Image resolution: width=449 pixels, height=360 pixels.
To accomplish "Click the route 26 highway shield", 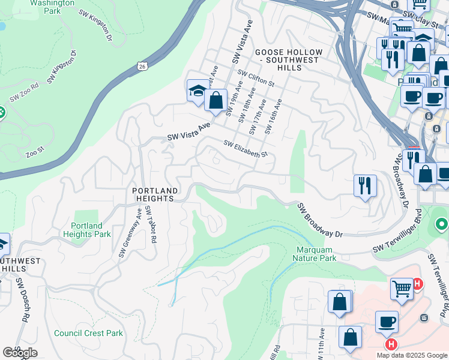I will (142, 64).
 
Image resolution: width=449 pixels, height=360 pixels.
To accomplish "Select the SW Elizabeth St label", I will (245, 149).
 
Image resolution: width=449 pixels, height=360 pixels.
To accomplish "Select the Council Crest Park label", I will (88, 333).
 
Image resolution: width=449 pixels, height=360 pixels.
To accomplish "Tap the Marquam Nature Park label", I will (315, 254).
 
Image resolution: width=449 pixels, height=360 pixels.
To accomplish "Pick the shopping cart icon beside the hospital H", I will (402, 289).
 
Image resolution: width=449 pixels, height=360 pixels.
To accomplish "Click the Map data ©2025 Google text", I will (412, 355).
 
